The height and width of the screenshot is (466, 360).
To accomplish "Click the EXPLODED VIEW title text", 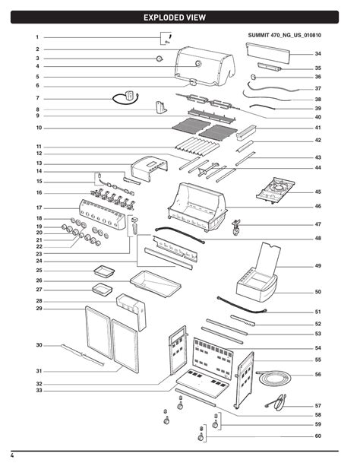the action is [x=175, y=17].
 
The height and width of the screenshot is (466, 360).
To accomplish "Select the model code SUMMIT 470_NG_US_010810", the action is [x=285, y=35].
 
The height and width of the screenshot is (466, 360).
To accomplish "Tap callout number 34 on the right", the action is [x=317, y=54].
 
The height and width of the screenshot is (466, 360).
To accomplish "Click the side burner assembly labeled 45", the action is [x=276, y=190].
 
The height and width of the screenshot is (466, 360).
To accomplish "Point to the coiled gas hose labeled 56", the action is [x=273, y=378].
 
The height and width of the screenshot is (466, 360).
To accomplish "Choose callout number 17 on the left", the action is [x=39, y=208].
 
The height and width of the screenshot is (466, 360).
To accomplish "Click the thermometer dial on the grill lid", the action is [x=198, y=63].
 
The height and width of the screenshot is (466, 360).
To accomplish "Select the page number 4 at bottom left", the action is [x=12, y=455].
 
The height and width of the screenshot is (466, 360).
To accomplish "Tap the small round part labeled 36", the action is [x=254, y=77].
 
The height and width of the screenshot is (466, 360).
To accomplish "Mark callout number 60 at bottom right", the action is [x=317, y=436].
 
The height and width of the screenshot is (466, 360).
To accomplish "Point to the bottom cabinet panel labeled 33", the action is [x=203, y=383].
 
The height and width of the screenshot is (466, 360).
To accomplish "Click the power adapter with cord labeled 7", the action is [x=126, y=97].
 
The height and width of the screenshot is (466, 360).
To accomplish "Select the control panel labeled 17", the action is [x=103, y=214].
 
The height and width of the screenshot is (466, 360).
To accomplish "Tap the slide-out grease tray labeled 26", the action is [x=156, y=284].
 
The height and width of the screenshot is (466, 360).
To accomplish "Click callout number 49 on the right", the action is [x=317, y=266].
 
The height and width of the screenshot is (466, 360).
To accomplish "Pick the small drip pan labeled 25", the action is [x=104, y=271].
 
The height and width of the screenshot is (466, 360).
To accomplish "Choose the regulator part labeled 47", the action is [x=236, y=227].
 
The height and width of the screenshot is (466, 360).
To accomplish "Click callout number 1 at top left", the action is [x=37, y=37].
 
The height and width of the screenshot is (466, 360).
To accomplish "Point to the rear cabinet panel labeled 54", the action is [x=213, y=358].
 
